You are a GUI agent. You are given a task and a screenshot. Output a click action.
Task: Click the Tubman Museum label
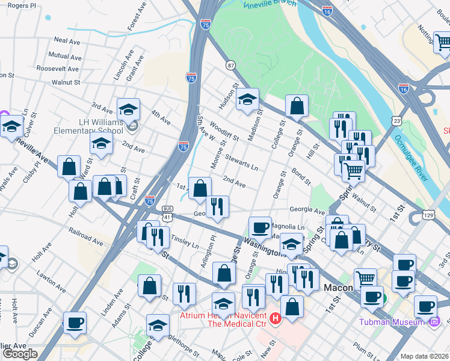[x=392, y=322]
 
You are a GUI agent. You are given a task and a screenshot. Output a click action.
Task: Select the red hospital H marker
[x=276, y=318]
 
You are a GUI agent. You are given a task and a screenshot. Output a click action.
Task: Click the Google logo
[x=20, y=354]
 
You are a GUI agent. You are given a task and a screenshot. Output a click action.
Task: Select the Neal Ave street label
[x=67, y=40]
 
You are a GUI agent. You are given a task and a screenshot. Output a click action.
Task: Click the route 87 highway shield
[x=230, y=64]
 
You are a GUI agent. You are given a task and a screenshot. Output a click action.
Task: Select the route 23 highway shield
[x=396, y=121]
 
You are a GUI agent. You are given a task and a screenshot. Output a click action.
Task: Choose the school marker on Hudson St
[x=247, y=100]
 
